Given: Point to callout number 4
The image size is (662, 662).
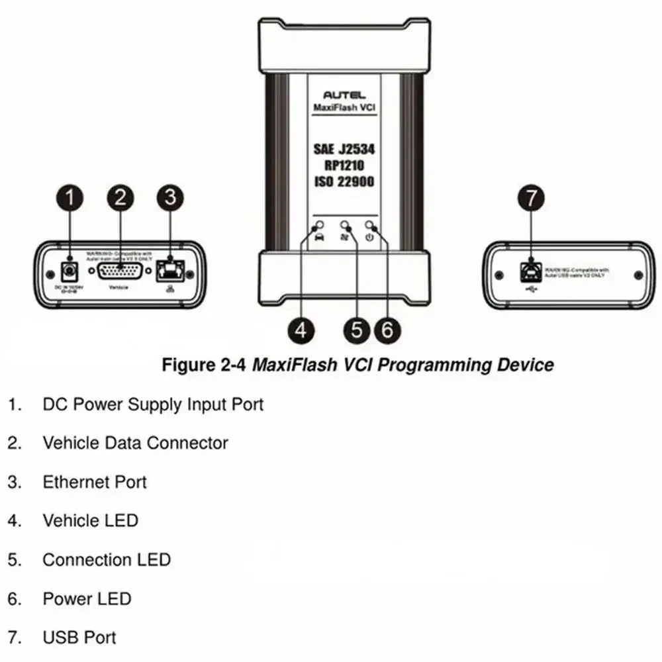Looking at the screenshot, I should [x=302, y=329].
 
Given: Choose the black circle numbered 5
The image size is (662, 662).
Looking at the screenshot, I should [x=357, y=329].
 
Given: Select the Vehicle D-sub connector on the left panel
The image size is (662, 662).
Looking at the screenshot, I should [x=120, y=272].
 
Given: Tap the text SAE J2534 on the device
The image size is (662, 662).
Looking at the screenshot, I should [x=342, y=150].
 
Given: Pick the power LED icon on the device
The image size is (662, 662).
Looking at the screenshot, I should [x=369, y=237].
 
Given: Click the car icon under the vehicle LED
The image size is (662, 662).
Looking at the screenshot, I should [x=318, y=237].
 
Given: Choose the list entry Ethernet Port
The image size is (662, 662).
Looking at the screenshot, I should [x=95, y=482].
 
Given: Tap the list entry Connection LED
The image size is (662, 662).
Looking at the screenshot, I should [x=107, y=560].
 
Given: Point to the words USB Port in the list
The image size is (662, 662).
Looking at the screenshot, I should [x=79, y=638].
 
